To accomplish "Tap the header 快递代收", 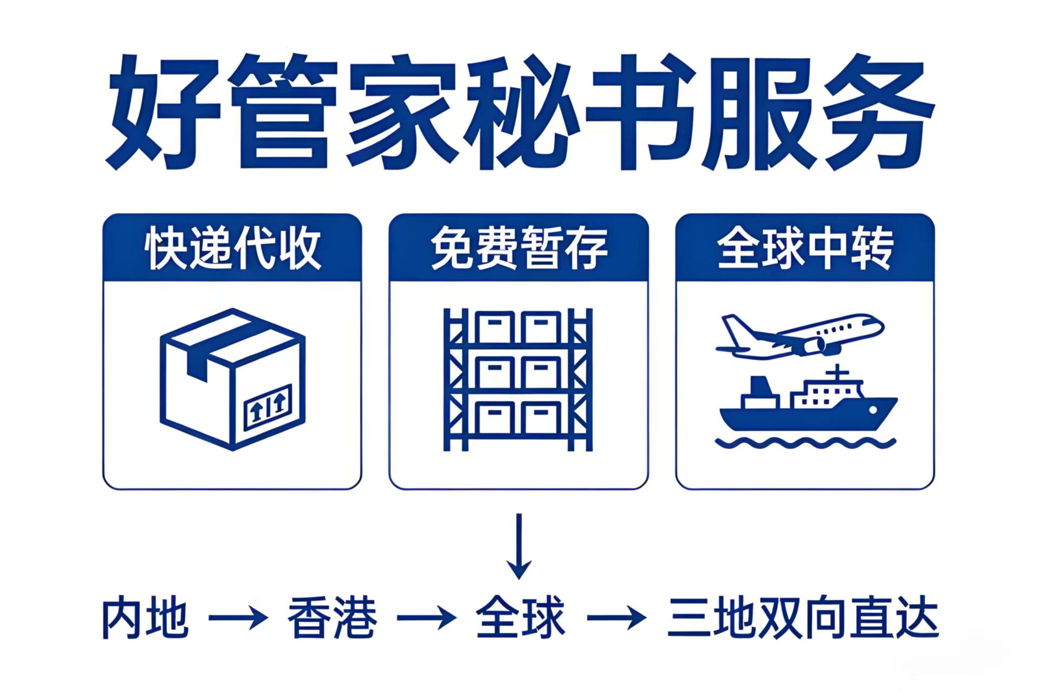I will tap(232, 248).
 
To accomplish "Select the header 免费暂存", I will tap(518, 248).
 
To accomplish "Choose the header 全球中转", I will tap(805, 248).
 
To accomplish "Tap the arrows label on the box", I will tap(268, 406).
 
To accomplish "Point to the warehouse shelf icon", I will tap(518, 379).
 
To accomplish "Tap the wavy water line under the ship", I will tap(805, 443).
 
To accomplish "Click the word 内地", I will tap(145, 617).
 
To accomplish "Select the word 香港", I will tap(332, 617).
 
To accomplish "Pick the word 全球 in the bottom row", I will tap(520, 617).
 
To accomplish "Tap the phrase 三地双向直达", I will tap(803, 617).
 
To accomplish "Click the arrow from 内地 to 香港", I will tap(238, 617).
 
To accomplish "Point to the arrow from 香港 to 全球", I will tap(427, 617).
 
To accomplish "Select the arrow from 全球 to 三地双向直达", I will tap(616, 617).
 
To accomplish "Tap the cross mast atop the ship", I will tap(837, 372).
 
